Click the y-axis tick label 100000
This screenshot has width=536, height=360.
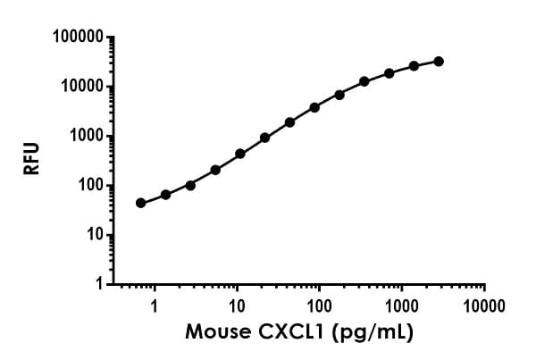tap(74, 38)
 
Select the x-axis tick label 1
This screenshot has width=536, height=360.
tap(155, 304)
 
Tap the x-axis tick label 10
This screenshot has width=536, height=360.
tap(237, 304)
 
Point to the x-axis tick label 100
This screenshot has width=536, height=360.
tap(319, 304)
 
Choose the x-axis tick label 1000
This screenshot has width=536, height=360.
tap(402, 304)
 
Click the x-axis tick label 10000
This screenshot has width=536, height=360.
tap(484, 304)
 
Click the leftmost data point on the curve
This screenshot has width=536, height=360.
tap(140, 203)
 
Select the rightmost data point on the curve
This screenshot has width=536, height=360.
tap(439, 61)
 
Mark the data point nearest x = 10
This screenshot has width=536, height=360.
tap(240, 154)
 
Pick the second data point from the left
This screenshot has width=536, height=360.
tap(165, 194)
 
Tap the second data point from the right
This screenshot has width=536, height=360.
tap(414, 66)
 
